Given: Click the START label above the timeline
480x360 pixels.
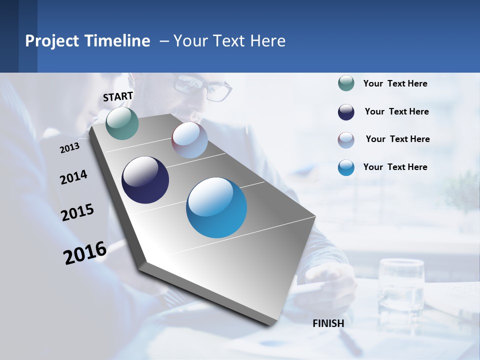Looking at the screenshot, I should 118,96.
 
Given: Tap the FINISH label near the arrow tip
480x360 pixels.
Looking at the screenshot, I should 328,323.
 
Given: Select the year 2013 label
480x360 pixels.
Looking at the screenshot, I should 69,148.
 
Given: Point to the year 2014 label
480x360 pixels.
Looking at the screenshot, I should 73,177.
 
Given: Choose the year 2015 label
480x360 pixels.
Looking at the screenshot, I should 77,212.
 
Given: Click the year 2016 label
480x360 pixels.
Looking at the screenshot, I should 85,253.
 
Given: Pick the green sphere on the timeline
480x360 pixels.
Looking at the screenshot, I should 122,123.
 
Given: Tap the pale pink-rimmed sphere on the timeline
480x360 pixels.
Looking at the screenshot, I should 189,139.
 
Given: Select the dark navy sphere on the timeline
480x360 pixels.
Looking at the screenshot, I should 145,180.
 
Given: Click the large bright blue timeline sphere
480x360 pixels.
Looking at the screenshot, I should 216,207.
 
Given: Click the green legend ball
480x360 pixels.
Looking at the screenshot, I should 346,83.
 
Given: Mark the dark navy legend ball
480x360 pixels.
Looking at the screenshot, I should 346,112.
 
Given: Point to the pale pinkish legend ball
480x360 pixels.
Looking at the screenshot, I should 346,140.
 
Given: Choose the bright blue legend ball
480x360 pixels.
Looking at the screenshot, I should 346,167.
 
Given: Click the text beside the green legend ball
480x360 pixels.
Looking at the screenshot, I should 395,84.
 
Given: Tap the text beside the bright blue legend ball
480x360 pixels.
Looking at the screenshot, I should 395,167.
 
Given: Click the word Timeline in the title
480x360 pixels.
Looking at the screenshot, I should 117,41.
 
